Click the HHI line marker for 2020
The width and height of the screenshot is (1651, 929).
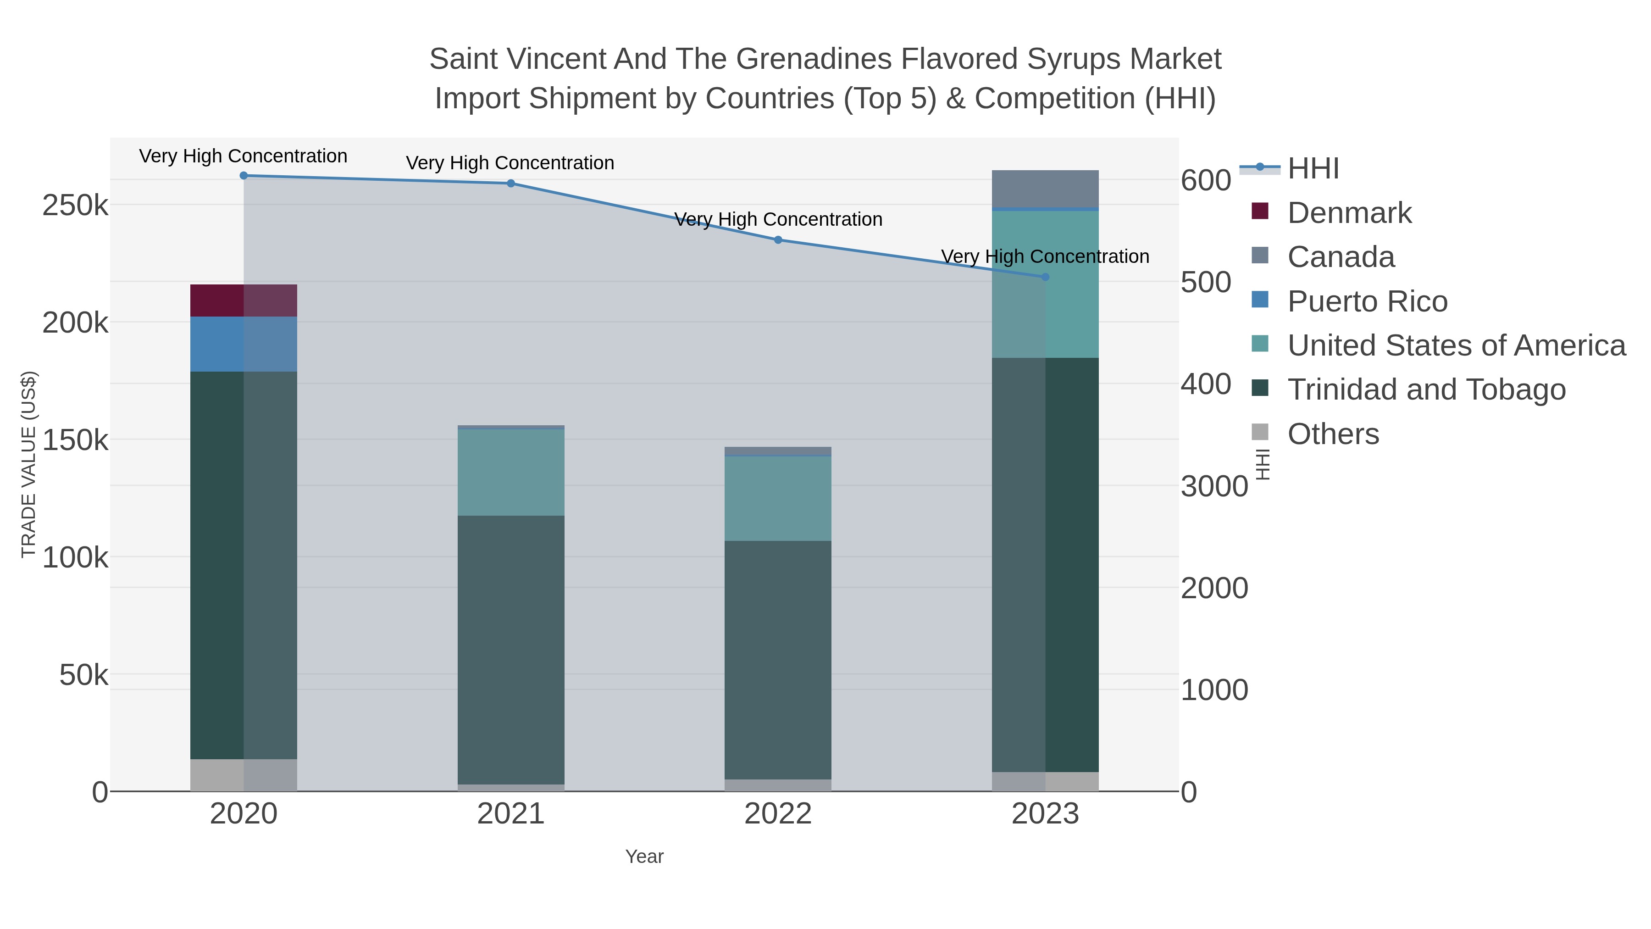pyautogui.click(x=244, y=176)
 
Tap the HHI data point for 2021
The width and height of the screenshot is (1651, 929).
pyautogui.click(x=511, y=184)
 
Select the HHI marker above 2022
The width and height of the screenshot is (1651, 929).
pyautogui.click(x=778, y=240)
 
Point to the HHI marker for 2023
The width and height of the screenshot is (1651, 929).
pyautogui.click(x=1045, y=277)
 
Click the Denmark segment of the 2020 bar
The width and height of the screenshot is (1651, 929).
pyautogui.click(x=244, y=300)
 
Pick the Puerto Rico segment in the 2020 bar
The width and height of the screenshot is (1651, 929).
pyautogui.click(x=244, y=344)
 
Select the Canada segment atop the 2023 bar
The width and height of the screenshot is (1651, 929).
pyautogui.click(x=1045, y=189)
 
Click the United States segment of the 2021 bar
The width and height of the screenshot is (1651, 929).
pyautogui.click(x=511, y=473)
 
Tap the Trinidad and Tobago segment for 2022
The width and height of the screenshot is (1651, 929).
pyautogui.click(x=778, y=660)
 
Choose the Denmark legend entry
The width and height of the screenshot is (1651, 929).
pyautogui.click(x=1349, y=213)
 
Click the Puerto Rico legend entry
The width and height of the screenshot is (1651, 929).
pyautogui.click(x=1367, y=301)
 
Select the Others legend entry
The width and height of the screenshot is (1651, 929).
pyautogui.click(x=1333, y=434)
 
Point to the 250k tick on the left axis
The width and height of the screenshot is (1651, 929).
pyautogui.click(x=75, y=206)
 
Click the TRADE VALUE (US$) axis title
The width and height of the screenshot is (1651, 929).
pyautogui.click(x=29, y=464)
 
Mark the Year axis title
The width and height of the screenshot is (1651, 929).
pyautogui.click(x=644, y=857)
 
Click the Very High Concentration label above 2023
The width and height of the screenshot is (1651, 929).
pyautogui.click(x=1045, y=256)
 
